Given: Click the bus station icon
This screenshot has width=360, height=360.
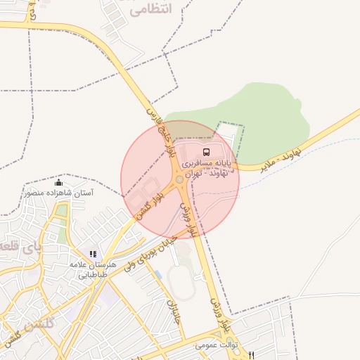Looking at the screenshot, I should [206, 152].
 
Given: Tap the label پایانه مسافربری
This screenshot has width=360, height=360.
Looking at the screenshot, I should [206, 163].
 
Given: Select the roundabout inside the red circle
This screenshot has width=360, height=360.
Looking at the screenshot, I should [180, 181].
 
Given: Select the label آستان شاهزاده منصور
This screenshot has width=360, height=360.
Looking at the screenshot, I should [58, 192].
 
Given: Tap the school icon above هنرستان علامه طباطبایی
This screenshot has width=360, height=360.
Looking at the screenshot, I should [92, 254].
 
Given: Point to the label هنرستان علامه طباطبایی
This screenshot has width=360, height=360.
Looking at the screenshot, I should [87, 269].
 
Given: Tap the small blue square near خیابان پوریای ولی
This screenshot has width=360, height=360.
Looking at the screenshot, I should [157, 273].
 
